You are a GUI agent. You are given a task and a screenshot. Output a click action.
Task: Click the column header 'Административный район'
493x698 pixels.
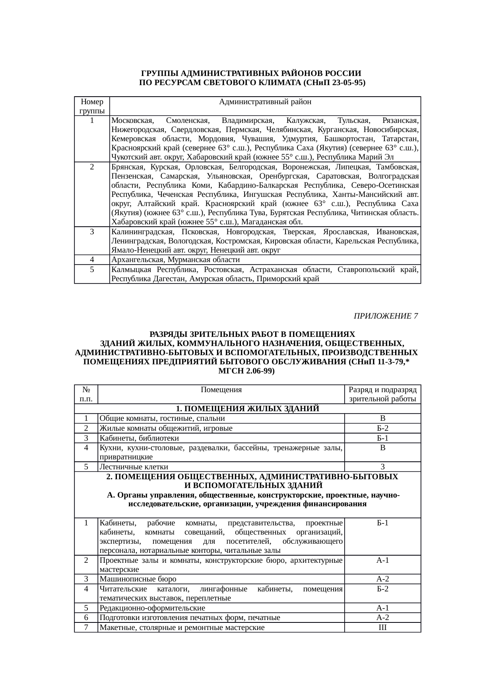coord(265,102)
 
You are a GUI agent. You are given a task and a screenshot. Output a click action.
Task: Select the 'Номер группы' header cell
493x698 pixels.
coord(92,106)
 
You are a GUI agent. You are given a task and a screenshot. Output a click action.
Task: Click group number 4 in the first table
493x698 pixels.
coord(92,260)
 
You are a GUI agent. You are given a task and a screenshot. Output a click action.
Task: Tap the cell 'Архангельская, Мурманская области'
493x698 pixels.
coord(175,260)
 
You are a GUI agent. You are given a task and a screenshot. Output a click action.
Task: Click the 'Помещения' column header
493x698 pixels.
coord(221,390)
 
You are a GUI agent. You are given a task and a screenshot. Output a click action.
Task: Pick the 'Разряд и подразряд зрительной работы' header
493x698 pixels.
coord(382,394)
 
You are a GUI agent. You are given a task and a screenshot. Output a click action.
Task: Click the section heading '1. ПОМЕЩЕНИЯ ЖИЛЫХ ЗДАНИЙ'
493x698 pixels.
coord(247,409)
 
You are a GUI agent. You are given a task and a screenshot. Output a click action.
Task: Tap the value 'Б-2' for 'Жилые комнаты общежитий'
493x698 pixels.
coord(382,428)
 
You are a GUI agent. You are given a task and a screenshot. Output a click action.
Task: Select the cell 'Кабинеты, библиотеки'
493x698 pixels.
coord(139,438)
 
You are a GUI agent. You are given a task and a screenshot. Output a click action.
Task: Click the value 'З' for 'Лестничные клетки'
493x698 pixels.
coord(382,467)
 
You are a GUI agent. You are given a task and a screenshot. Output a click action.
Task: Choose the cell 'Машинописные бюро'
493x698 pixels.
coord(138,579)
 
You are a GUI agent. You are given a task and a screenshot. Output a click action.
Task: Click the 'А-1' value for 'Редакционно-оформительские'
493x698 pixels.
coord(382,608)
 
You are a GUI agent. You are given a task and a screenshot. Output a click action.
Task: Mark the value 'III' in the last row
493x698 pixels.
coord(382,628)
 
